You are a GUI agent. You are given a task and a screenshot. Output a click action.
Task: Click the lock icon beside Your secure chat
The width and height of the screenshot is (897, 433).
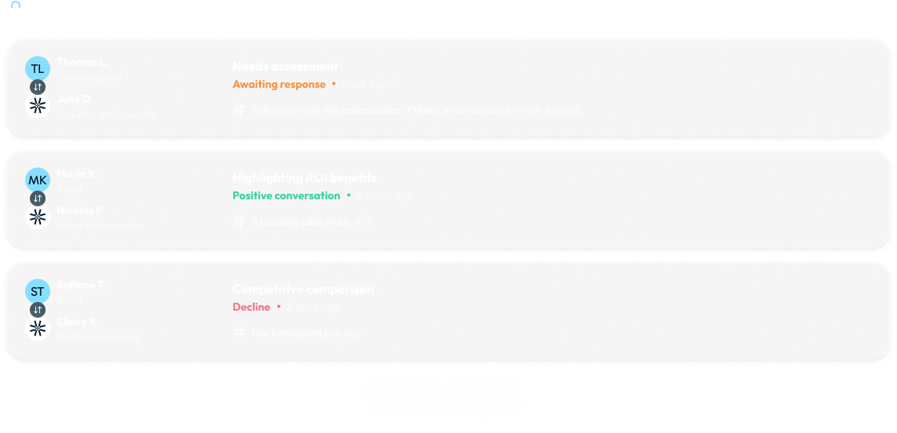coord(16,10)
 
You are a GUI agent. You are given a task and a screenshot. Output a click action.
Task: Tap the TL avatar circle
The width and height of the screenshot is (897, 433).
coord(38,69)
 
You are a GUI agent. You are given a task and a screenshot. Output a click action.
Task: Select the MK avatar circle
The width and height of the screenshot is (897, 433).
coord(38,180)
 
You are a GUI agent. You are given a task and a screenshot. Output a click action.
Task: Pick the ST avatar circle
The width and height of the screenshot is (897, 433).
coord(38,292)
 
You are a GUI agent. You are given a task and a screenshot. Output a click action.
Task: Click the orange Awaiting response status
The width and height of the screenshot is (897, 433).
coord(279,84)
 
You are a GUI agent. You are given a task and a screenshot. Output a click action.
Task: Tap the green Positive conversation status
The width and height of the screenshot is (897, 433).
coord(287,195)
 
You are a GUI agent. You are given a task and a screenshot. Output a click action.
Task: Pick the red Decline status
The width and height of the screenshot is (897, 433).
coord(251,307)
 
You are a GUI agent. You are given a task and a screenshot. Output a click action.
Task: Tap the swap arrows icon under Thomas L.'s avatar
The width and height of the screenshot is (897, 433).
coord(38,87)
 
